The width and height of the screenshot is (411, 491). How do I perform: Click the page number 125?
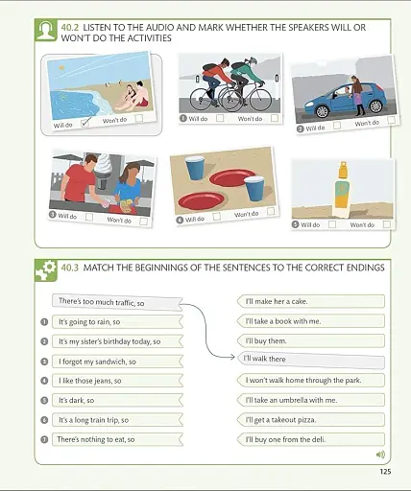[x=385, y=470]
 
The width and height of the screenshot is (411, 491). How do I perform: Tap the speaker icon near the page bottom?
[x=380, y=455]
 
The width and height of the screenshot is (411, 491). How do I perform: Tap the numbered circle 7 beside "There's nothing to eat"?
[x=44, y=439]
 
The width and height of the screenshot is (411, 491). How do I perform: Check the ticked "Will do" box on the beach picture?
[x=85, y=123]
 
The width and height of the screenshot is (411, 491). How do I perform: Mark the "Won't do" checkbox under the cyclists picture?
[x=274, y=118]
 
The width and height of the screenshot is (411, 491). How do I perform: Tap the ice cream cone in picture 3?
[x=105, y=173]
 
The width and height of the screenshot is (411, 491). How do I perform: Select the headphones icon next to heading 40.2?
[x=44, y=31]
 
